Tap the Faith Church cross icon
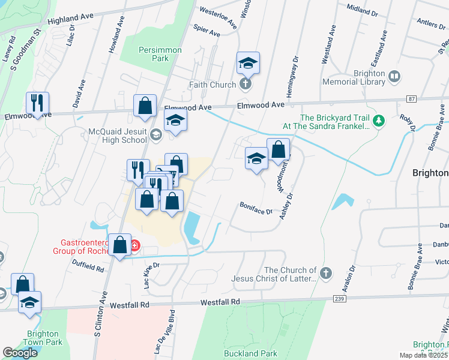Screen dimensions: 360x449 (246, 85)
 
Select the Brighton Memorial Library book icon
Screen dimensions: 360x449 (394, 76)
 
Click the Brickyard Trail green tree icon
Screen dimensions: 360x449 (379, 122)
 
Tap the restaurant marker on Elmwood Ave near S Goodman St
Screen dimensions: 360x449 (37, 104)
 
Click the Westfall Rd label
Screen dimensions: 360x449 (220, 302)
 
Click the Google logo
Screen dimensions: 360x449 (20, 353)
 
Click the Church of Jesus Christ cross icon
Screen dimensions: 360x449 (326, 274)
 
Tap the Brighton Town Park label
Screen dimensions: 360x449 (43, 338)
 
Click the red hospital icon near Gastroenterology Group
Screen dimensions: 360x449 (135, 245)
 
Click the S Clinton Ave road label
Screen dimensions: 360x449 (99, 319)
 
